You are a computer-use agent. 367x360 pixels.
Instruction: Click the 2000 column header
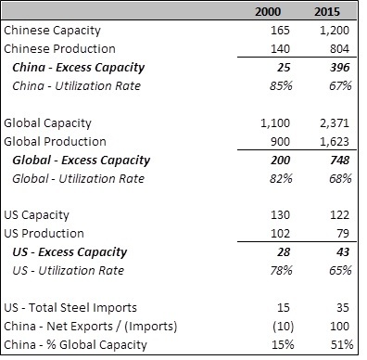[x=268, y=12]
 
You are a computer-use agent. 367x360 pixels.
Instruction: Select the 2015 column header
[x=327, y=12]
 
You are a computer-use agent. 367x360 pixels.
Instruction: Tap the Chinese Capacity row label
[x=52, y=31]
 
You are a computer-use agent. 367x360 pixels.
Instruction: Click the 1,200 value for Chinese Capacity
[x=335, y=31]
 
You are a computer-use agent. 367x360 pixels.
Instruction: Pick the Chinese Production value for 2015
[x=339, y=49]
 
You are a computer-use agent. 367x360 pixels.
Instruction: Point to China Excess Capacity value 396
[x=340, y=68]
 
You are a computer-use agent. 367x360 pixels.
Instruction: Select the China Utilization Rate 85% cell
[x=281, y=85]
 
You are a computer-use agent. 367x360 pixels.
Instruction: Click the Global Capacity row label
[x=47, y=123]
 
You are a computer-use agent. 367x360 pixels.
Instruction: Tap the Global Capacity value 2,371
[x=335, y=123]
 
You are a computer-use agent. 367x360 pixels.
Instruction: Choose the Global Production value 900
[x=280, y=142]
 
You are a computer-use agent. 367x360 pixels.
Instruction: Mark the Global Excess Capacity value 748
[x=340, y=161]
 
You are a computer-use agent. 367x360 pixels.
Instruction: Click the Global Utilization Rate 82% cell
[x=281, y=178]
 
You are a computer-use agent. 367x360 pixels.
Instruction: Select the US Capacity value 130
[x=280, y=215]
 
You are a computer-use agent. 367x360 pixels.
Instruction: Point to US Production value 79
[x=343, y=234]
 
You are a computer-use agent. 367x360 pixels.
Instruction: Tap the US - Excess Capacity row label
[x=70, y=252]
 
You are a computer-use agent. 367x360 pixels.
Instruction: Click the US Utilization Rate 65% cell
[x=340, y=270]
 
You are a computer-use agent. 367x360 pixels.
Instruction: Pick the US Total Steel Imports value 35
[x=343, y=308]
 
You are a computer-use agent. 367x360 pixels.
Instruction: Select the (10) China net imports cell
[x=284, y=327]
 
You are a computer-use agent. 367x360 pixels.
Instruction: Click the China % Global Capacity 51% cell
[x=342, y=344]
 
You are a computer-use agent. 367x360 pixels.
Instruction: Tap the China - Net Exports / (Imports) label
[x=91, y=327]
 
